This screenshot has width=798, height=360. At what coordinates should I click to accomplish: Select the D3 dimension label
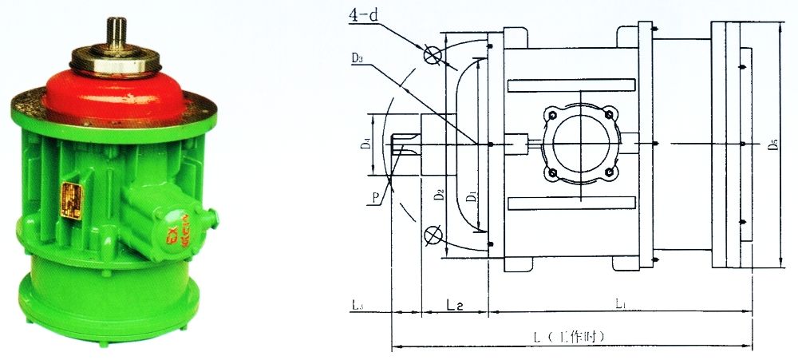[358, 58]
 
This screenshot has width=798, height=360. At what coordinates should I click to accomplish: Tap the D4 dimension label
[365, 144]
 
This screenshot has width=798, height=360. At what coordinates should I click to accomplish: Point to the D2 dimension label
[438, 193]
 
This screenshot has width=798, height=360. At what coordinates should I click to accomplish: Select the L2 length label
[455, 305]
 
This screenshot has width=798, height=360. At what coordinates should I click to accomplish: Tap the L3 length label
[358, 305]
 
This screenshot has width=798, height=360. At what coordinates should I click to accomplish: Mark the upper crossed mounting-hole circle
[433, 54]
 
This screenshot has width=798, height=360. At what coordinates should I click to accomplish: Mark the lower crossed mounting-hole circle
[433, 235]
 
